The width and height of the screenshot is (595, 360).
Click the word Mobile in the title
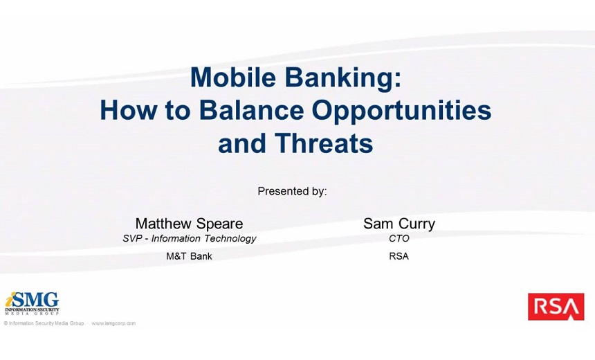[233, 77]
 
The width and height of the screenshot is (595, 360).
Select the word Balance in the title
[251, 111]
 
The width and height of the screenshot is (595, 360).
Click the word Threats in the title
[324, 143]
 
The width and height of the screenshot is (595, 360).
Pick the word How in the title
[128, 111]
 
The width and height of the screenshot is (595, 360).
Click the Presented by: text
[292, 191]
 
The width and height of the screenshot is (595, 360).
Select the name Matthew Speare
[189, 224]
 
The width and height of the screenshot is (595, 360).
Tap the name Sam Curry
[399, 224]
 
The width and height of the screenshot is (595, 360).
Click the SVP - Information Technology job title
[189, 238]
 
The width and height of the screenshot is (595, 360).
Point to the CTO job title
[399, 238]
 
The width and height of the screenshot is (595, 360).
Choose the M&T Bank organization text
[189, 256]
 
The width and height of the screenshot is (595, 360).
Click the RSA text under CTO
[399, 256]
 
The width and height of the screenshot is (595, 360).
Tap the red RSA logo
[556, 307]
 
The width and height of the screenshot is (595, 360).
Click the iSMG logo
[33, 303]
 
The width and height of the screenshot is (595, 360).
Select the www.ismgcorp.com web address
[113, 323]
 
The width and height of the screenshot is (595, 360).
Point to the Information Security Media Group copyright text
[44, 323]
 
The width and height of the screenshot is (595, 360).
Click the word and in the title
[242, 143]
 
